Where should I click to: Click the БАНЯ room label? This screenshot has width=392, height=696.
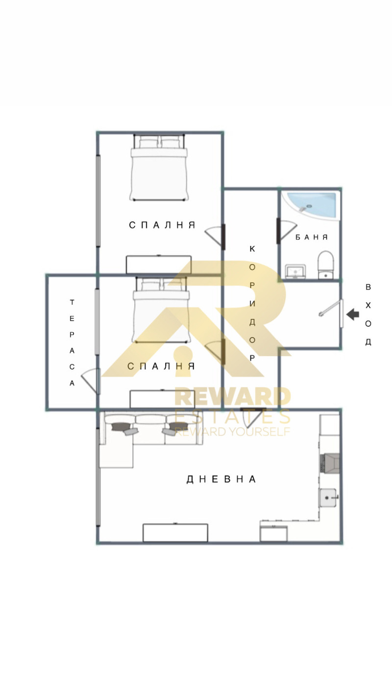click(x=312, y=237)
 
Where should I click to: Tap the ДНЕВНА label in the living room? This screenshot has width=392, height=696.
click(x=221, y=480)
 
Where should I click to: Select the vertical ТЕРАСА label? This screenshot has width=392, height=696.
click(x=72, y=343)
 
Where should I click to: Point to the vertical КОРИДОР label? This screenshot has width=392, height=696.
click(x=252, y=303)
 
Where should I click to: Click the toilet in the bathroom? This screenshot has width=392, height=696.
click(x=325, y=264)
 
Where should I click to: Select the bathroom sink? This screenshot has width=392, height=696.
click(x=295, y=271)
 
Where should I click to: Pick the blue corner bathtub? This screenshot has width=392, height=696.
click(x=312, y=204)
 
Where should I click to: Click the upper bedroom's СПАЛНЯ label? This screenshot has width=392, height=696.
click(x=162, y=225)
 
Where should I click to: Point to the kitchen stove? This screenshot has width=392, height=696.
click(x=330, y=462)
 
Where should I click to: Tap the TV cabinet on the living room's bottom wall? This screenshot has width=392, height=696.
click(x=175, y=532)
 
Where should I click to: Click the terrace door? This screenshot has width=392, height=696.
click(x=91, y=380)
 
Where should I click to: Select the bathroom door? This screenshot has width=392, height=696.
click(x=286, y=230)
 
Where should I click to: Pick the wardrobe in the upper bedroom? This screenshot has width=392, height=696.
click(x=158, y=264)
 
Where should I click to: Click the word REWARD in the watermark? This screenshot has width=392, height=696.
click(x=232, y=397)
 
